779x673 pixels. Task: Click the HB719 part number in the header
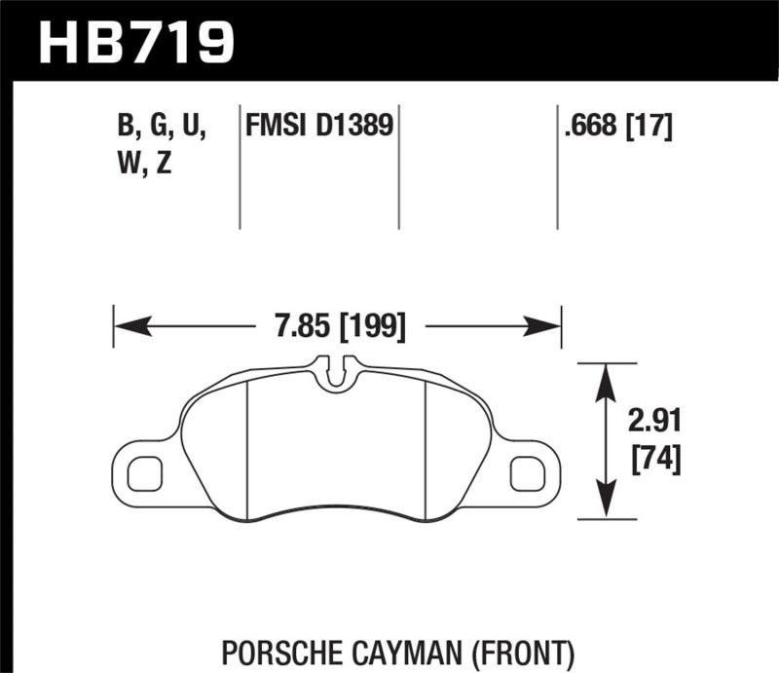click(136, 40)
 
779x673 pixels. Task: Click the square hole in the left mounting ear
click(144, 472)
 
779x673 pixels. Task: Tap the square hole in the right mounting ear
click(527, 472)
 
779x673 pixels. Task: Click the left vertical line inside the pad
click(248, 448)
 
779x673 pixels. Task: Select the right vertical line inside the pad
click(428, 448)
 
